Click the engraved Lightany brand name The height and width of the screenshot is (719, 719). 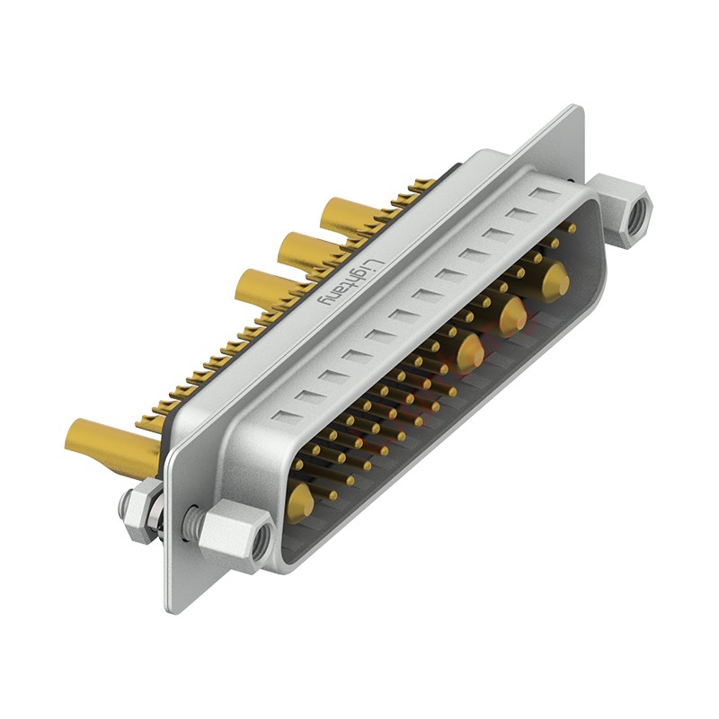pos(351,282)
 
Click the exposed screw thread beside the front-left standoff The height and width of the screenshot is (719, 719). pos(192,524)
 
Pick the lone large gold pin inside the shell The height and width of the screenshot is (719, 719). pos(300,502)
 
